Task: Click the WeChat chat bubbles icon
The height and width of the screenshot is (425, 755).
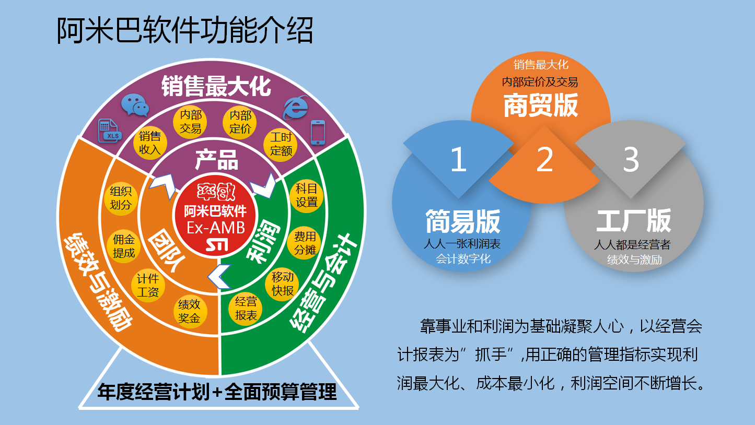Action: (x=135, y=105)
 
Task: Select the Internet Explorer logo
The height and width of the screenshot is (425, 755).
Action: (x=296, y=108)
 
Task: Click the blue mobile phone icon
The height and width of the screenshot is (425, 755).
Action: (x=318, y=132)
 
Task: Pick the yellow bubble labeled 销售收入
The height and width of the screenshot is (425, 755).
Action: (x=150, y=143)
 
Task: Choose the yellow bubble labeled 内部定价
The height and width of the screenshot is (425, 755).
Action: (x=240, y=122)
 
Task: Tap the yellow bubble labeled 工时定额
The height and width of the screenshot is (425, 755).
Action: (x=281, y=144)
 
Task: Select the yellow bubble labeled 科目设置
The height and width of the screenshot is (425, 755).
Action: (x=306, y=196)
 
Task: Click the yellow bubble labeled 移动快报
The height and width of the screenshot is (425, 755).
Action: (x=282, y=284)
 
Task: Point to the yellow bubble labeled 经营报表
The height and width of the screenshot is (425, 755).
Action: (x=246, y=309)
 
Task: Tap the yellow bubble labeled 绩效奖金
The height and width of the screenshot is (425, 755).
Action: (x=190, y=311)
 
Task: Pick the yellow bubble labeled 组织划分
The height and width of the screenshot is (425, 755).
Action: (x=120, y=198)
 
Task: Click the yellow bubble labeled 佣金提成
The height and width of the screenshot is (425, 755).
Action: (x=123, y=246)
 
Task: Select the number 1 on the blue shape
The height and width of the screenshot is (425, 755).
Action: (x=459, y=159)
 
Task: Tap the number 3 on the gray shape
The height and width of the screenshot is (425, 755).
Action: (x=631, y=159)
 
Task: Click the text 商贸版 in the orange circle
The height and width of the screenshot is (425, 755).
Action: (x=541, y=105)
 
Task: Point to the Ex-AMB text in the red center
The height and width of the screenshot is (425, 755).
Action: (x=216, y=228)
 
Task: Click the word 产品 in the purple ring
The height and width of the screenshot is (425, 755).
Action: (x=217, y=159)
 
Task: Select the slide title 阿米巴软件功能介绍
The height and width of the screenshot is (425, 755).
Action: (x=185, y=31)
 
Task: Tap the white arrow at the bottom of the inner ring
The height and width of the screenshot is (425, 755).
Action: (x=220, y=277)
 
